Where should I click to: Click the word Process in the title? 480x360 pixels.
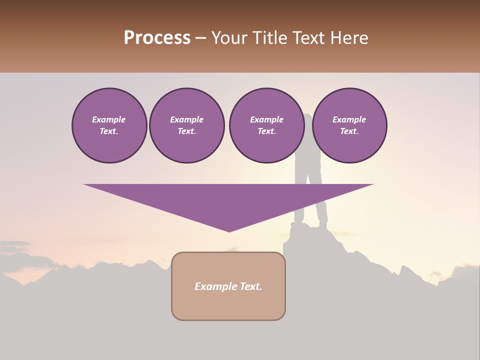coord(157,38)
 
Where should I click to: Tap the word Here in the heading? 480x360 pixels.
coord(350,38)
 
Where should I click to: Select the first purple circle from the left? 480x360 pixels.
coord(109,125)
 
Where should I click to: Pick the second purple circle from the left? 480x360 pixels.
coord(186,125)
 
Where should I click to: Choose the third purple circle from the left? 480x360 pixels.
coord(266,125)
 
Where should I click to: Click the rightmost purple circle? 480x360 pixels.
coord(349,125)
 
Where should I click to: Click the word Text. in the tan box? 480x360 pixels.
coord(251,286)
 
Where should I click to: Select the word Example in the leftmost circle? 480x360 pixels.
coord(109,119)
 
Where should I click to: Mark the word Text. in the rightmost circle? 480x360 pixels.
coord(349,131)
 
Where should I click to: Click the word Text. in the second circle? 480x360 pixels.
coord(186,131)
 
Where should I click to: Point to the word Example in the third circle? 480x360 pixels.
coord(266,119)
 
